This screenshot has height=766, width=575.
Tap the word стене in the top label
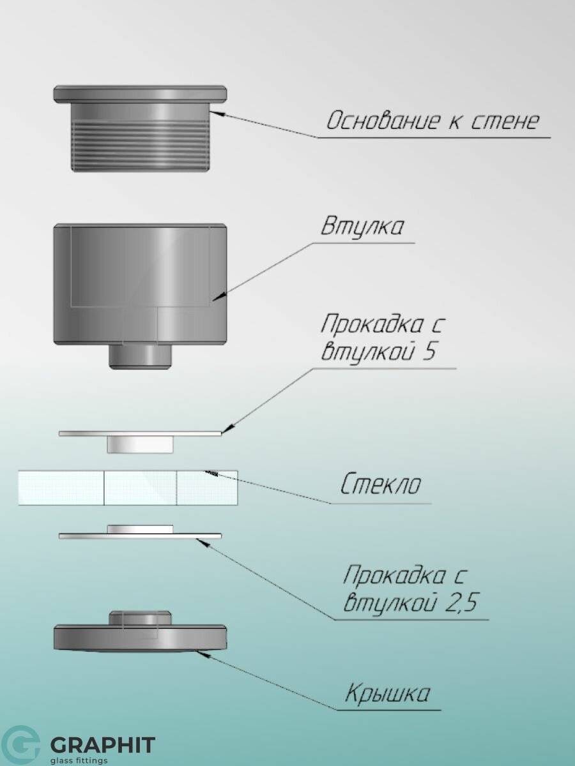pyautogui.click(x=505, y=121)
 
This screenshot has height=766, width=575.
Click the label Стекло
pyautogui.click(x=381, y=484)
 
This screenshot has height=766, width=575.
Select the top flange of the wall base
pyautogui.click(x=140, y=94)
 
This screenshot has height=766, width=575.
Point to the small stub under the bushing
pyautogui.click(x=141, y=357)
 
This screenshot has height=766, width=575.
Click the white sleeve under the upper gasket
pyautogui.click(x=141, y=445)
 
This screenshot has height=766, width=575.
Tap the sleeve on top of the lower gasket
pyautogui.click(x=141, y=529)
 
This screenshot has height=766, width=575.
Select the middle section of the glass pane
pyautogui.click(x=141, y=488)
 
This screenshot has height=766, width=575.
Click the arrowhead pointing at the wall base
pyautogui.click(x=216, y=113)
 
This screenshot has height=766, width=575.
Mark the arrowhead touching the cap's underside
pyautogui.click(x=203, y=654)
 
